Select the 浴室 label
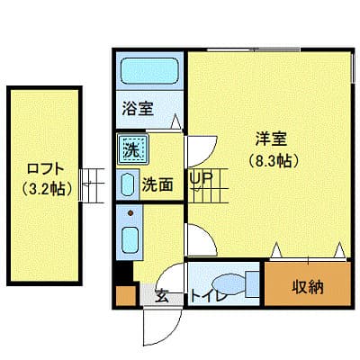click(x=138, y=110)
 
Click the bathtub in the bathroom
click(x=149, y=70)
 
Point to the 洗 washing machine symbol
click(x=131, y=149)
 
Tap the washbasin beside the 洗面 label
click(x=127, y=184)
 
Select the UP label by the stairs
click(x=200, y=177)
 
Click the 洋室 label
click(x=271, y=140)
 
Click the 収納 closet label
click(x=306, y=287)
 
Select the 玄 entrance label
click(x=161, y=294)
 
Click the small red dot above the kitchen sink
click(x=130, y=214)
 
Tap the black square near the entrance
click(x=124, y=273)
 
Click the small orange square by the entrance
click(x=124, y=293)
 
